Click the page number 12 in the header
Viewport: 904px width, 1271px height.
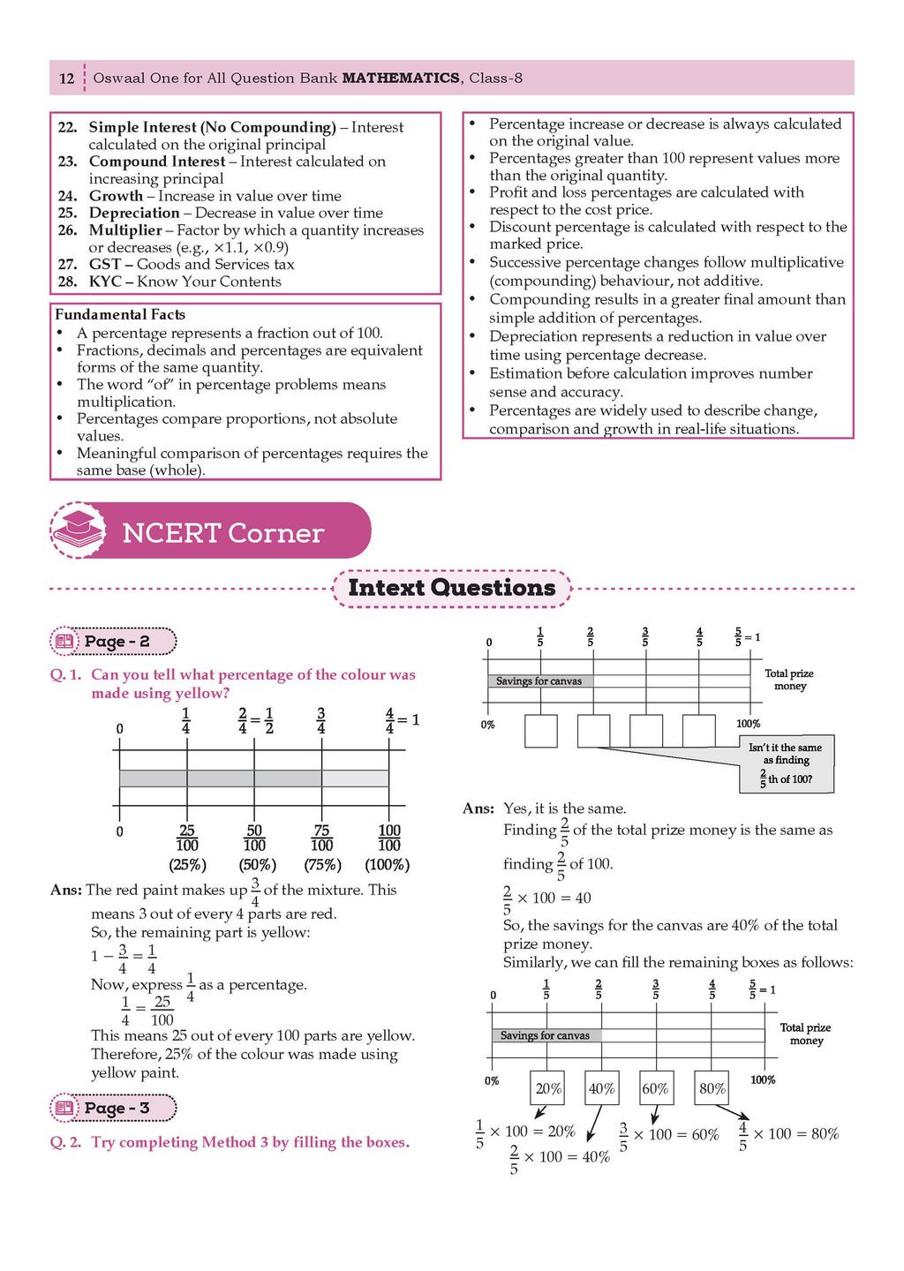coord(67,79)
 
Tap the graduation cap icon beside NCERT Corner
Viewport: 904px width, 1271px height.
coord(79,530)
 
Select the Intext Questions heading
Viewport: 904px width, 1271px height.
coord(452,588)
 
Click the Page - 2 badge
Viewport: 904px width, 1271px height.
coord(114,642)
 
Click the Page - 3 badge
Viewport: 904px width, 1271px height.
coord(114,1108)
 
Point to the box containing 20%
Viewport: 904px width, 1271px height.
coord(548,1088)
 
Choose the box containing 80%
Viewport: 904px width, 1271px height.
coord(712,1088)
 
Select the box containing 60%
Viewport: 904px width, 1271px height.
coord(655,1088)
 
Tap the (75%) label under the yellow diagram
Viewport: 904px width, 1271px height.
coord(322,865)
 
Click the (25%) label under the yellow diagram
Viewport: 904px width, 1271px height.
coord(187,865)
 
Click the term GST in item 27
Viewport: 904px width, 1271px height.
coord(105,264)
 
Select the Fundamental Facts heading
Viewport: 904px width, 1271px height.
coord(120,314)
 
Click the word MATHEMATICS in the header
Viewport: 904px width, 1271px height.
coord(401,79)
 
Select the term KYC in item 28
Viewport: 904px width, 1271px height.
coord(105,282)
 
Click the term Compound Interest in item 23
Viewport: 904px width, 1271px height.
coord(157,162)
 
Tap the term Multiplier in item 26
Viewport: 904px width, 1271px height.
coord(125,230)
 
